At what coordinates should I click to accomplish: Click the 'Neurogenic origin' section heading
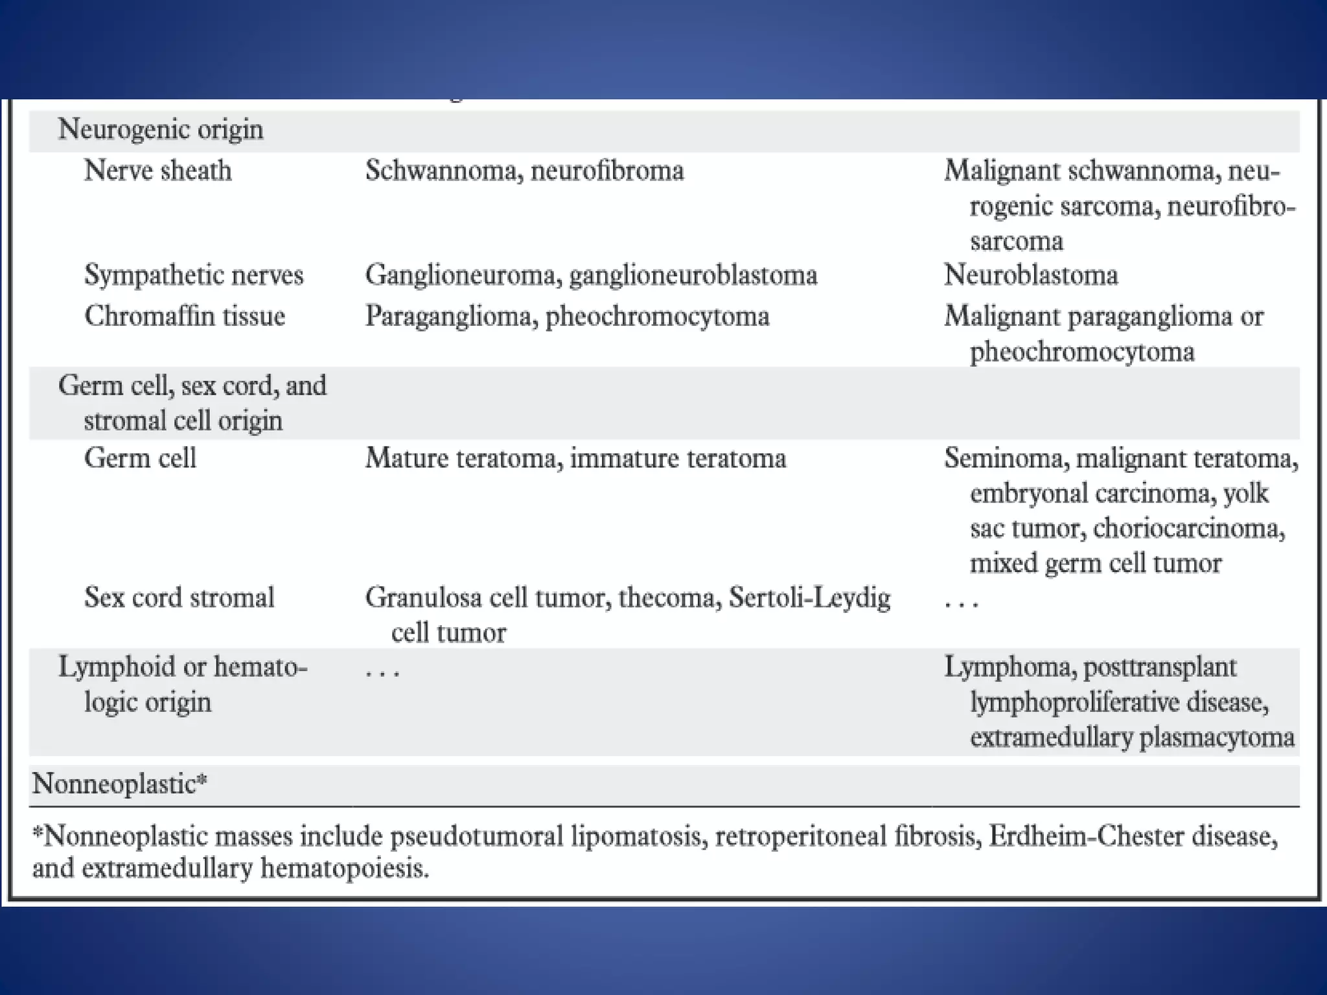161,130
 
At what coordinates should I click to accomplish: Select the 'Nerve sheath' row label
157,171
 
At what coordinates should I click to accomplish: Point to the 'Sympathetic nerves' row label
194,275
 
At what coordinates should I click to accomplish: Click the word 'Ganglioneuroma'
461,275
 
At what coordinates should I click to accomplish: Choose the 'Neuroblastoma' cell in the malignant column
1031,275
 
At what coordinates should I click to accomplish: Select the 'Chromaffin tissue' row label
185,317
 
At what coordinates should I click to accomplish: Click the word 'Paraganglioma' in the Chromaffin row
448,317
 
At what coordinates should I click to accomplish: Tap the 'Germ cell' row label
140,459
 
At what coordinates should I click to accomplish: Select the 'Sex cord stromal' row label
179,597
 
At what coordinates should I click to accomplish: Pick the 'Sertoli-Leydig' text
809,597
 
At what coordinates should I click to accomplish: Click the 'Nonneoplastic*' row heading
120,784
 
